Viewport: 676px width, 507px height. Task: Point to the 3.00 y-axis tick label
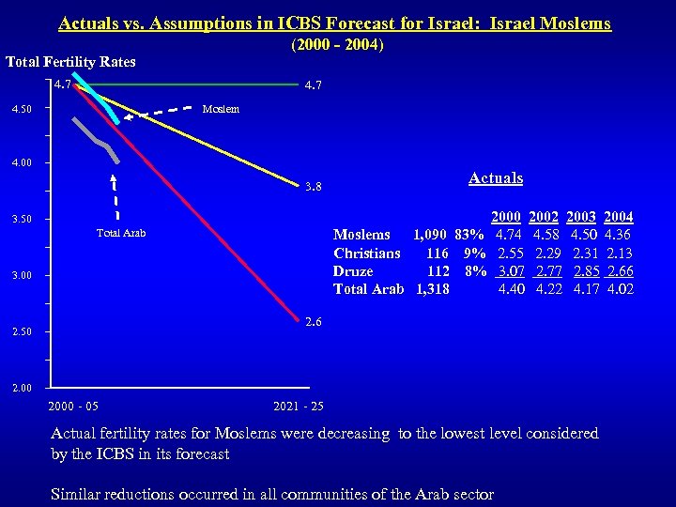[21, 275]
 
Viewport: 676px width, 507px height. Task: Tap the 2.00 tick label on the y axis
[21, 388]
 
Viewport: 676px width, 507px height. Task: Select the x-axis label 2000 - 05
[73, 407]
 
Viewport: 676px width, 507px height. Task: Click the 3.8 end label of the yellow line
[313, 186]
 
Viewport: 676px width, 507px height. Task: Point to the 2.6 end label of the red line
[313, 321]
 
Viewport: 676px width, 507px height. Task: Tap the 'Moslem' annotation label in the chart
[222, 108]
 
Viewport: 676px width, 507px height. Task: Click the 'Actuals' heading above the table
[495, 177]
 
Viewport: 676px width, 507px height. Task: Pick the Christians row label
[367, 253]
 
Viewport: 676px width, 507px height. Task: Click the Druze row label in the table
[353, 270]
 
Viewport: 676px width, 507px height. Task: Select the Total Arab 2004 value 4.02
[619, 288]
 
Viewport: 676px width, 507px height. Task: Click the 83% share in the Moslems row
[469, 235]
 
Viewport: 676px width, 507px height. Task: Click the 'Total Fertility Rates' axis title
[70, 62]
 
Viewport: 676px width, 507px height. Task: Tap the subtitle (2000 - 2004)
[338, 44]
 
